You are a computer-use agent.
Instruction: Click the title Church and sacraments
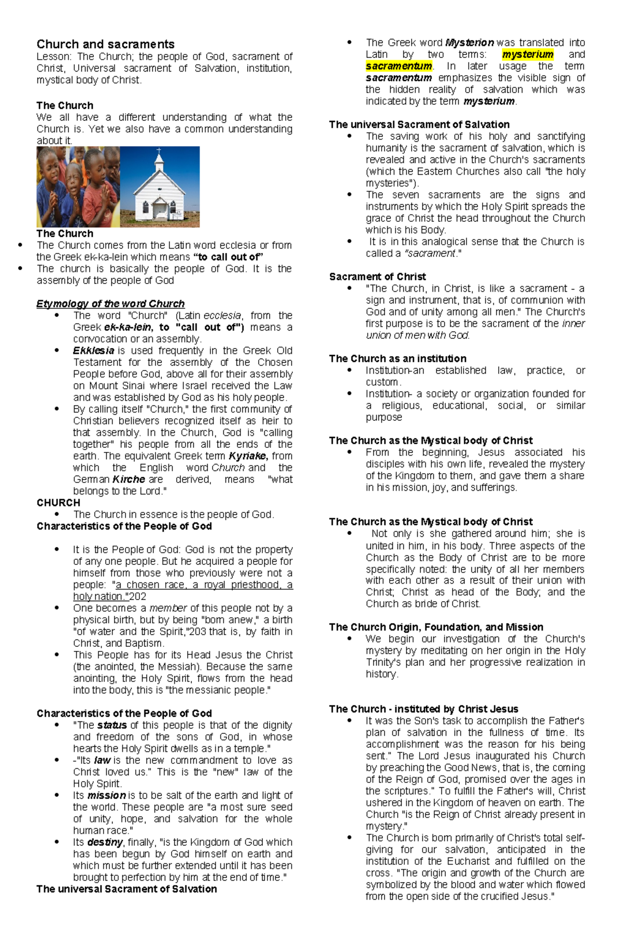pos(105,44)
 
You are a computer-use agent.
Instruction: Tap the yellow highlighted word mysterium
pos(528,54)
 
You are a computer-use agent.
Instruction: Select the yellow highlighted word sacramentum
pos(399,66)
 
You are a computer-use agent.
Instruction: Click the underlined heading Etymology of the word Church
pos(110,304)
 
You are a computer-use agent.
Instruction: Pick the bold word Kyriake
pos(248,456)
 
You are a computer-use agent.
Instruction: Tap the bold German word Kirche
pos(129,479)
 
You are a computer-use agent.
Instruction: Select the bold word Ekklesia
pos(93,351)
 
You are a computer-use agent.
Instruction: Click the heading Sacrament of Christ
pos(377,277)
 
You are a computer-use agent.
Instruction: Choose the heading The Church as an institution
pos(398,359)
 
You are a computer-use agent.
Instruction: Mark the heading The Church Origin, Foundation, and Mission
pos(436,627)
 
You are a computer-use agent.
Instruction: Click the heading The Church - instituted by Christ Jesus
pos(423,709)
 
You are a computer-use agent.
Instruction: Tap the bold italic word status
pos(112,725)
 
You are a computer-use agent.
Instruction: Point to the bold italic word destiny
pos(105,842)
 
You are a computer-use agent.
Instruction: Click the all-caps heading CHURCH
pos(58,503)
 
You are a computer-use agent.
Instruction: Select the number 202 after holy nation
pos(137,597)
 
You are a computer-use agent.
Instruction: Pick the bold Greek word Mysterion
pos(470,42)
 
